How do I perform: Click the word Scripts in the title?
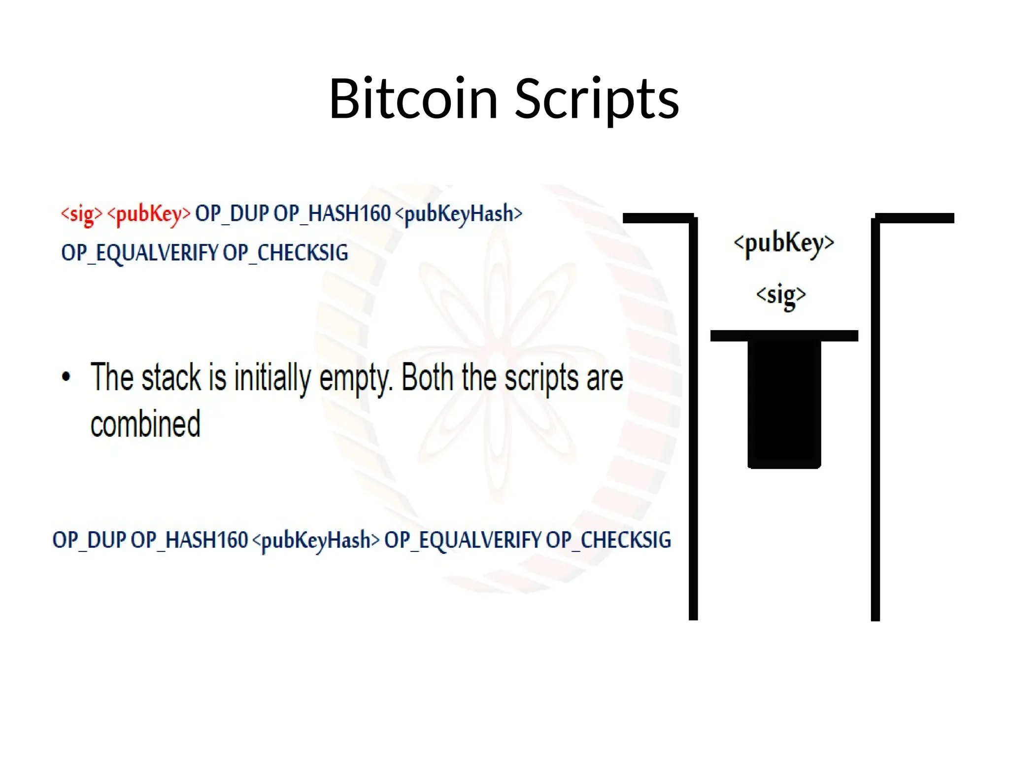[597, 100]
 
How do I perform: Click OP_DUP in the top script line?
[232, 214]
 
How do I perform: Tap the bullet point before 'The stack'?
[66, 377]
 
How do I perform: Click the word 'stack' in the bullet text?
[171, 378]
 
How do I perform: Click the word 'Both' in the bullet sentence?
[427, 378]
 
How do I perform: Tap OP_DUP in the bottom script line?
[89, 540]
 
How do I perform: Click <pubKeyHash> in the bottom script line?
[316, 541]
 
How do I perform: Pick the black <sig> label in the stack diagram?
[781, 295]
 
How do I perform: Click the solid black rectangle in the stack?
[784, 404]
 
